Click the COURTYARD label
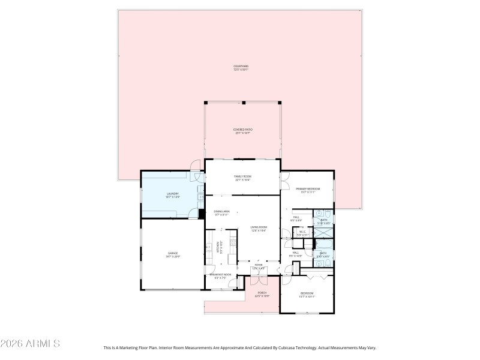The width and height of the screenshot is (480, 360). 241,66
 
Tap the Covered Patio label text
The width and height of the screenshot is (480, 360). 242,130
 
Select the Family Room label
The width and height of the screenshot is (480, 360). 242,176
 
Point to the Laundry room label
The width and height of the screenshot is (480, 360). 172,193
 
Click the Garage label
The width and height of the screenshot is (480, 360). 172,254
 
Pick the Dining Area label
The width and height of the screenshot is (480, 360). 221,211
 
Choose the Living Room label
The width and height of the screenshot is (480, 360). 259,227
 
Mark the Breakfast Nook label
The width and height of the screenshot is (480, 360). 220,274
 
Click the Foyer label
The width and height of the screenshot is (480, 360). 259,265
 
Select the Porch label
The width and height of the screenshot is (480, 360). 262,293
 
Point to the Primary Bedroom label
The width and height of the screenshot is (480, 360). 307,188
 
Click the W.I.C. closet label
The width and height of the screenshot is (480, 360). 302,232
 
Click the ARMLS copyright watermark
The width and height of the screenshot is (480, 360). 30,344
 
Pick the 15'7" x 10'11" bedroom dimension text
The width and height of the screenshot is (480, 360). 307,296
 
